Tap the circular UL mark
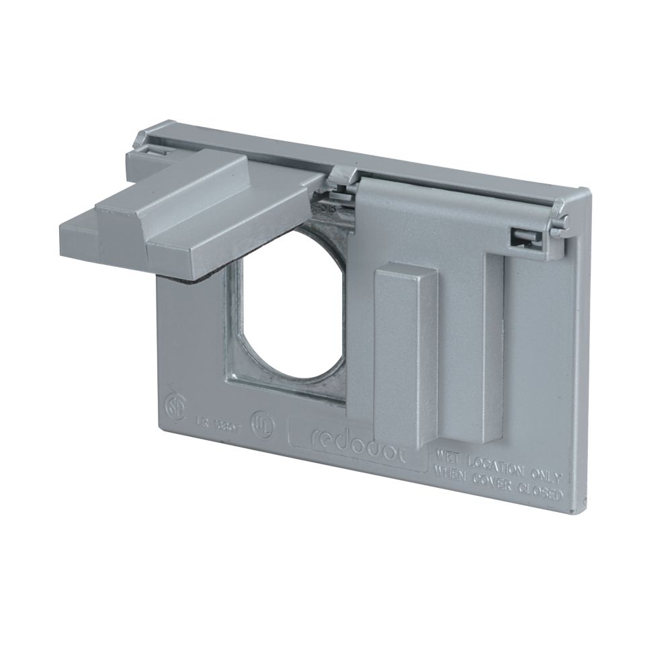[259, 424]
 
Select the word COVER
[493, 480]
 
